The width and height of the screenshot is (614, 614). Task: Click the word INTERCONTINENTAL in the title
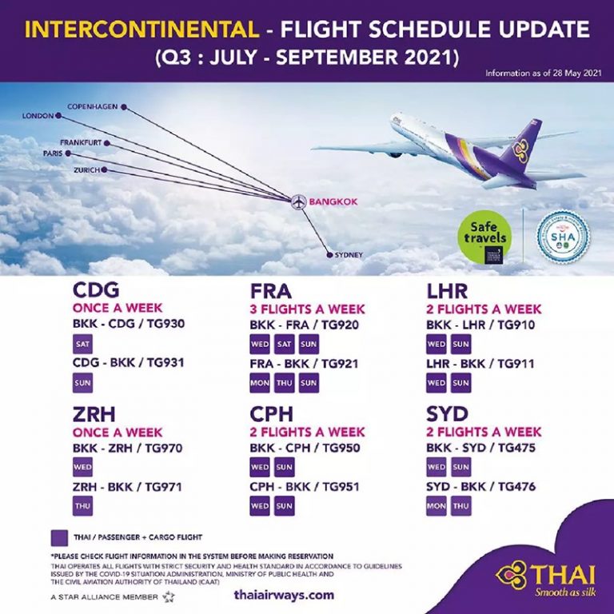pyautogui.click(x=142, y=31)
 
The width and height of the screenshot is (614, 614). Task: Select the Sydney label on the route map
pyautogui.click(x=349, y=255)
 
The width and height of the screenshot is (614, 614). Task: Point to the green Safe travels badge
pyautogui.click(x=484, y=236)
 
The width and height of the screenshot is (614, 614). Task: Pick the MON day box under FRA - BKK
pyautogui.click(x=260, y=383)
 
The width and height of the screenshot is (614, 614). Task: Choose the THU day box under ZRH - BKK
pyautogui.click(x=83, y=505)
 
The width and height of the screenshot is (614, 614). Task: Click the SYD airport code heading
pyautogui.click(x=445, y=415)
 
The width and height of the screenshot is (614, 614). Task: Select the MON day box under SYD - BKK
pyautogui.click(x=437, y=505)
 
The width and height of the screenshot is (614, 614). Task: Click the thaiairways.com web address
pyautogui.click(x=284, y=596)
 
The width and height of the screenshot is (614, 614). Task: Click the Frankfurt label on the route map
pyautogui.click(x=79, y=142)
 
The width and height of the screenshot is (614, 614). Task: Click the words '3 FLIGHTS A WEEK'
pyautogui.click(x=308, y=309)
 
